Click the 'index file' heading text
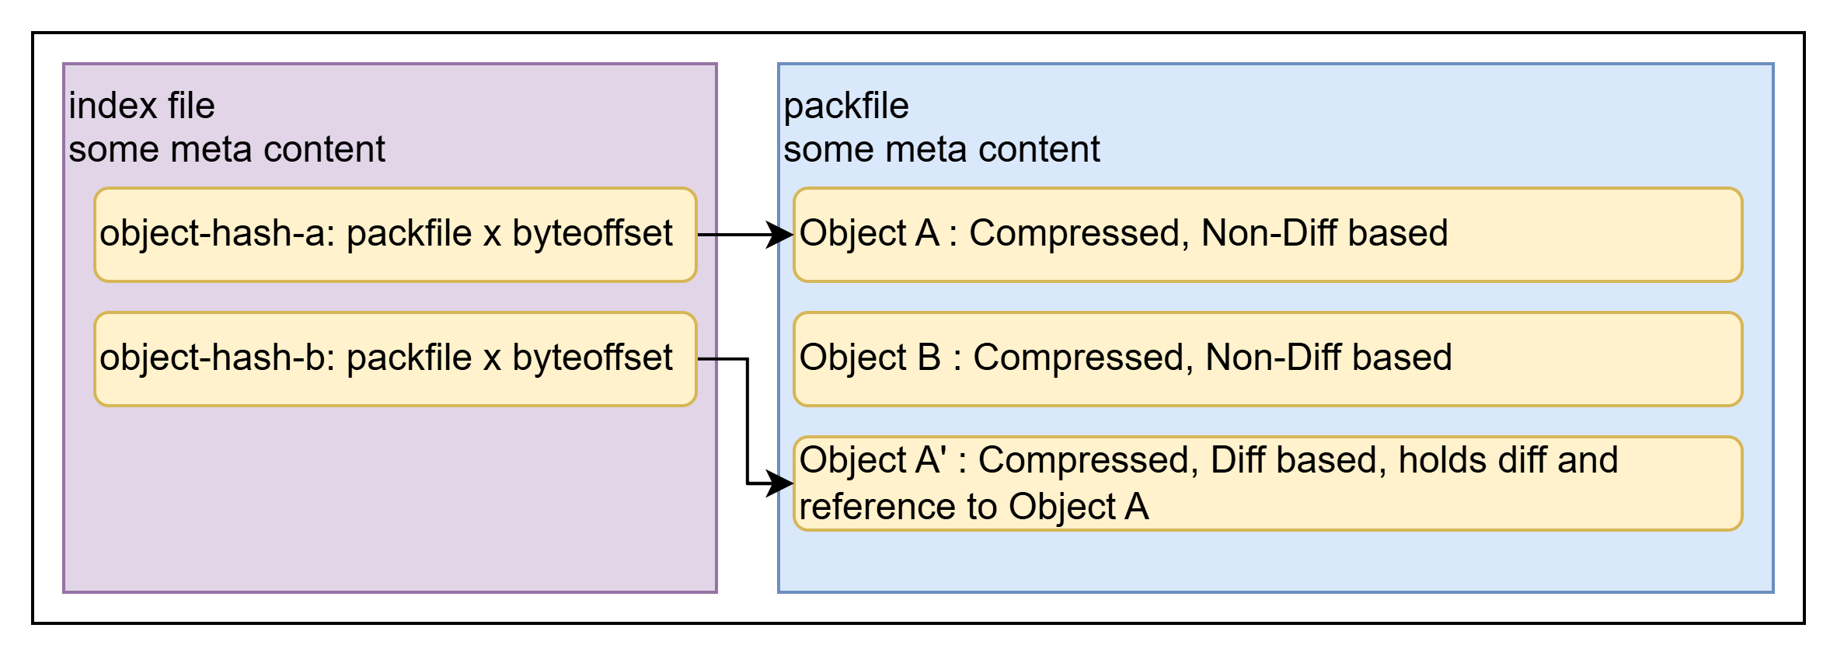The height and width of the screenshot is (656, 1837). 141,106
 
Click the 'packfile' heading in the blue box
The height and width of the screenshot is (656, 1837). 845,106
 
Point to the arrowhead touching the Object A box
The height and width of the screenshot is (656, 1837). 780,235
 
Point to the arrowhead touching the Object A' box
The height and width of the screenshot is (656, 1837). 780,483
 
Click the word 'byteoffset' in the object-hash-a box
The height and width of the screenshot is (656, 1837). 592,233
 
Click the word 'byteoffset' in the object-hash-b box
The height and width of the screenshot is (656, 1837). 592,358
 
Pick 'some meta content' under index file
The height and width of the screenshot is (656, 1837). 226,149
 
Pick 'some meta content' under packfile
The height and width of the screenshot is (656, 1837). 941,149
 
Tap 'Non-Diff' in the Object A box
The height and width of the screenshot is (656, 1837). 1268,233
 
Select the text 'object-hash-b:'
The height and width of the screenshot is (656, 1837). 218,358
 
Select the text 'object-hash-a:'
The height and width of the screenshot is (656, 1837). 218,233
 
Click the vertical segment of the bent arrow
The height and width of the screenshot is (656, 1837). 748,421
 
